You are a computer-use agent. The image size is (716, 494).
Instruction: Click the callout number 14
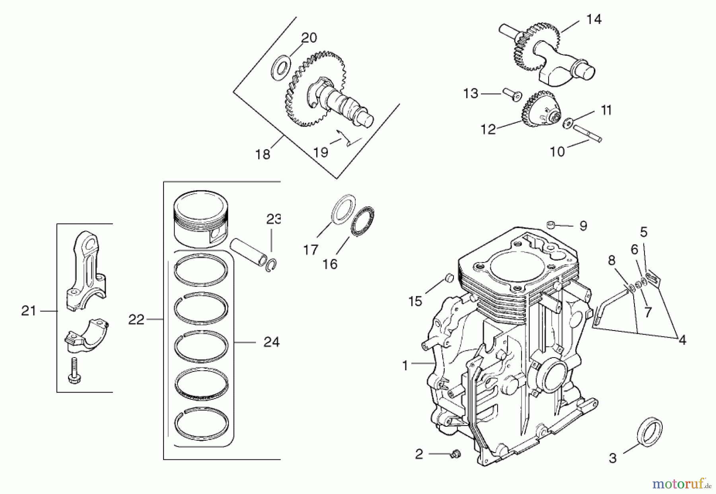594,19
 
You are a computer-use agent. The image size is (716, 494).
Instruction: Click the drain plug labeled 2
455,453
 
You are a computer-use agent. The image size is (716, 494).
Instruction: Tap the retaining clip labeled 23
272,265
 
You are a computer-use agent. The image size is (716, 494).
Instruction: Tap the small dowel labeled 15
449,278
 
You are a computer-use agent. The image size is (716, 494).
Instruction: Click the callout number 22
136,319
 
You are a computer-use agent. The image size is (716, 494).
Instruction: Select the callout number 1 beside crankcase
405,365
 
